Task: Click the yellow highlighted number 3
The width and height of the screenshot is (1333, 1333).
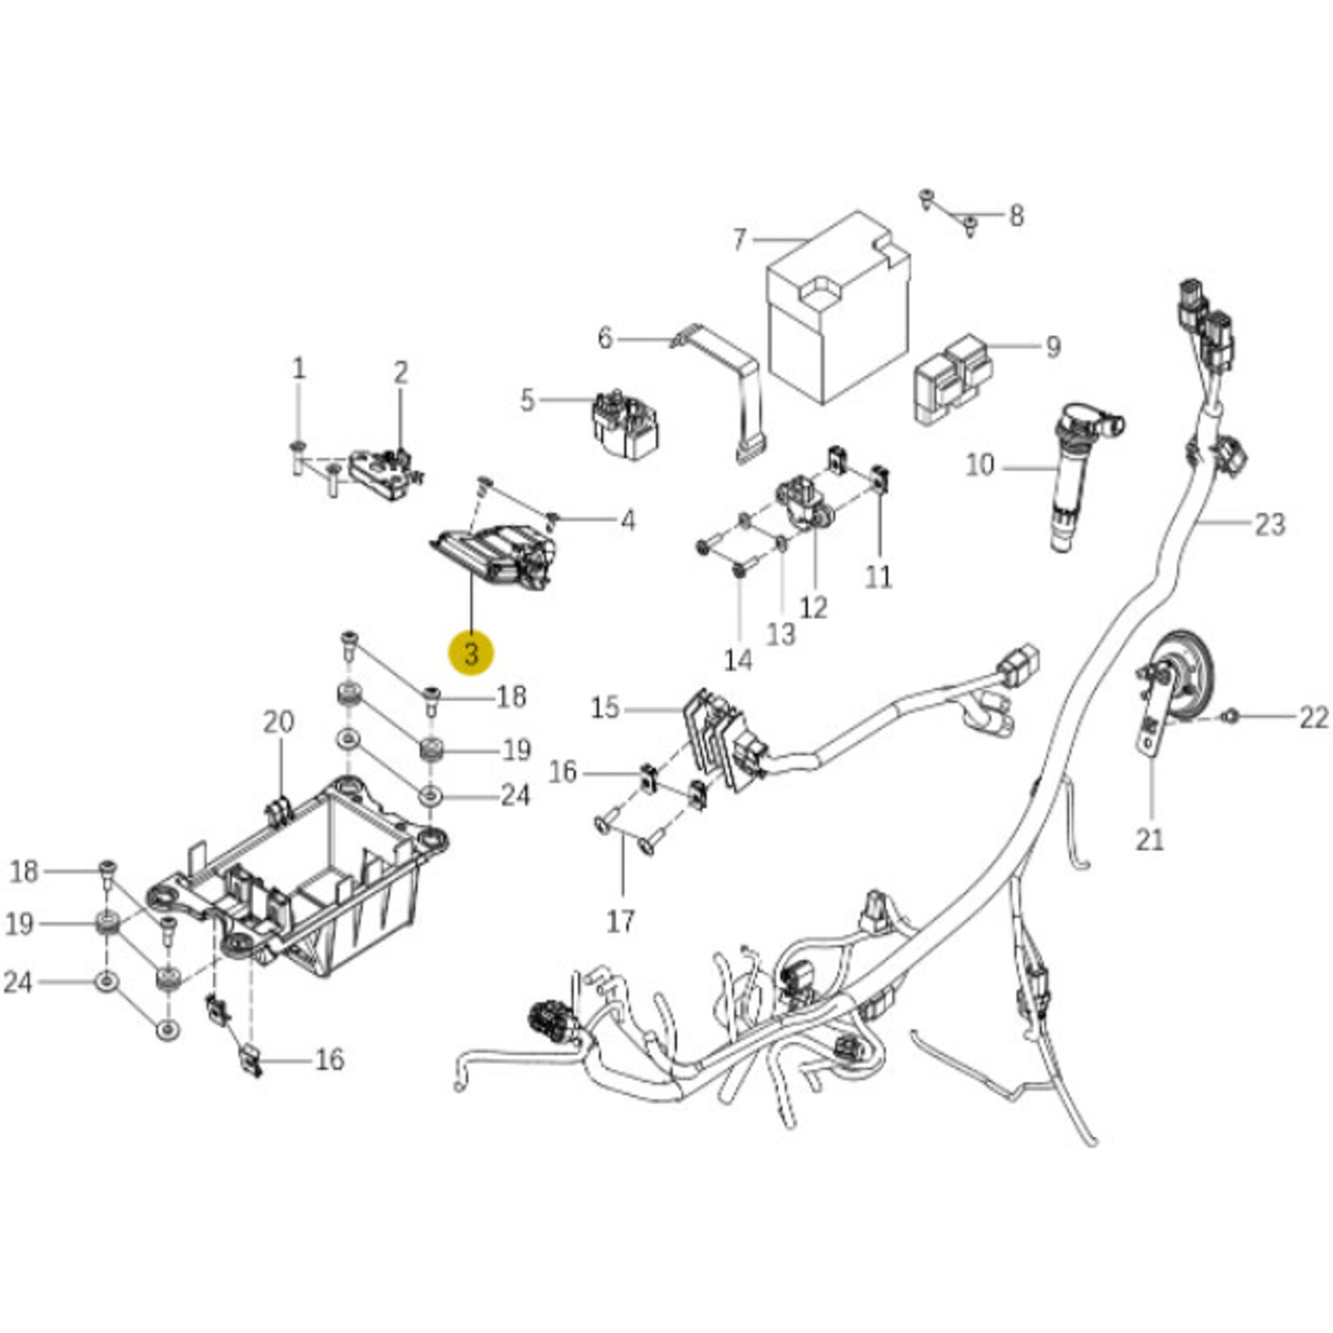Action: coord(472,652)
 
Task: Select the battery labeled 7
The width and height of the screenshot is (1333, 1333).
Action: coord(838,315)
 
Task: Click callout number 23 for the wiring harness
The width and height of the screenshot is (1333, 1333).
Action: coord(1268,524)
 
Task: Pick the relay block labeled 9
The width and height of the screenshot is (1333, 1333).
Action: coord(952,379)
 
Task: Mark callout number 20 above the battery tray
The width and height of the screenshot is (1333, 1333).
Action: coord(279,721)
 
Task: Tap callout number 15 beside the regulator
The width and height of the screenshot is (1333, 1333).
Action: coord(605,708)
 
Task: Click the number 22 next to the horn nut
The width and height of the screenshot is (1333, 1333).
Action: coord(1314,717)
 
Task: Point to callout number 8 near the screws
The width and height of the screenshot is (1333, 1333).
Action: coord(1016,215)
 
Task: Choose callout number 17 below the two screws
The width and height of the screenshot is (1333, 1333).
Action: coord(621,921)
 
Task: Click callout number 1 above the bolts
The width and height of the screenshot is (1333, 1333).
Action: coord(299,370)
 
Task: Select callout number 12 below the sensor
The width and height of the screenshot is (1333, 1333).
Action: coord(813,608)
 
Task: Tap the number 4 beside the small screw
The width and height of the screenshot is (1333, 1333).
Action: coord(627,520)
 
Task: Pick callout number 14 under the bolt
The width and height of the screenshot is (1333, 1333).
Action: coord(738,660)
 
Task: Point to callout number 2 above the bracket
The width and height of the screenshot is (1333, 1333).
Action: coord(401,373)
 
